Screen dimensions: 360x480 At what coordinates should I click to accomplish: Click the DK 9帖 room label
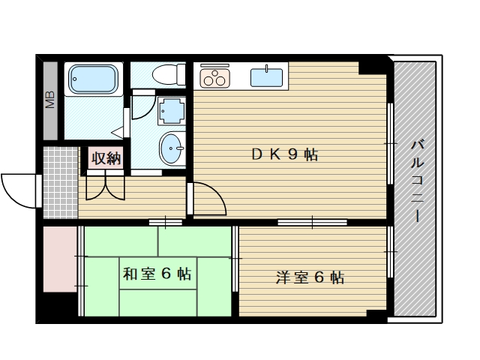[284, 155]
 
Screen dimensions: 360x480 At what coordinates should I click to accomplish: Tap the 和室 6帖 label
[157, 274]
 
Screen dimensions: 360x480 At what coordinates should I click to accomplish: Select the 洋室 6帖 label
[310, 278]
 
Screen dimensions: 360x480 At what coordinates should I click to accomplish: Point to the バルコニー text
[417, 180]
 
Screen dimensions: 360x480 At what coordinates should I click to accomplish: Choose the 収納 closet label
[106, 158]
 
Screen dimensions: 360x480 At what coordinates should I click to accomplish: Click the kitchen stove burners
[214, 77]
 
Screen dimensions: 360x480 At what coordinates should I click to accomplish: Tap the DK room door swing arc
[208, 198]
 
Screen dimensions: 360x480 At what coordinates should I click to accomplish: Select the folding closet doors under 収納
[106, 186]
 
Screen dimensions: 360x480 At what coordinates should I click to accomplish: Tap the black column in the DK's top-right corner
[373, 66]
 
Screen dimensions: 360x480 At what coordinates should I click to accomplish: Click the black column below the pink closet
[58, 306]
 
